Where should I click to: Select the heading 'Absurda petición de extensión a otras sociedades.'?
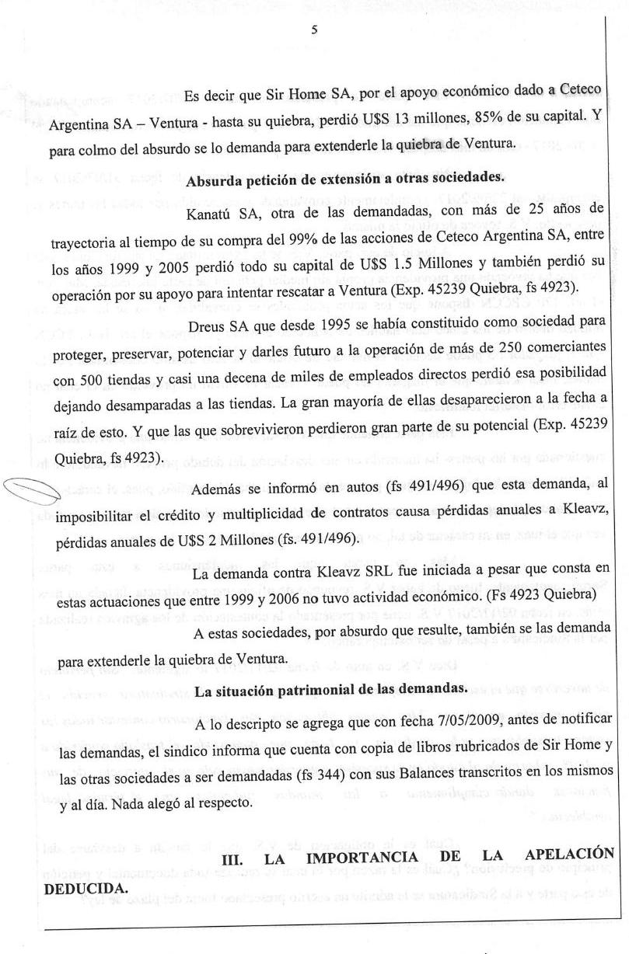click(x=346, y=176)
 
